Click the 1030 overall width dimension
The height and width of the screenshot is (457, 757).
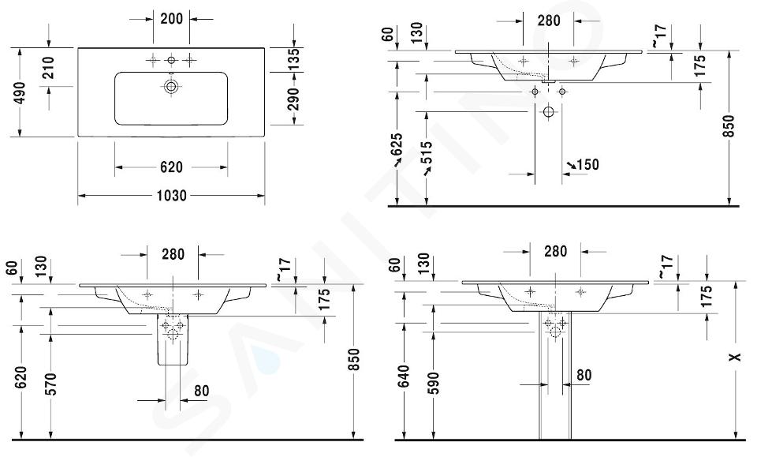tap(172, 196)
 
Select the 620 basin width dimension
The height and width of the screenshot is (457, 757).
tap(171, 167)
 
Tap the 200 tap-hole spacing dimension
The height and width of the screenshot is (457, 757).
tap(171, 19)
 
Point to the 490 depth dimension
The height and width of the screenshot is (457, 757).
tap(20, 92)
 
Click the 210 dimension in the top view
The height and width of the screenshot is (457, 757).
tap(49, 68)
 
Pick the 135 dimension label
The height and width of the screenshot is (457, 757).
tap(293, 59)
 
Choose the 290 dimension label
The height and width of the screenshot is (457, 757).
tap(293, 99)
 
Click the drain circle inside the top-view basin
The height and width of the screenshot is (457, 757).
tap(171, 87)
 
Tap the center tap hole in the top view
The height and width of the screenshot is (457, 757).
tap(171, 61)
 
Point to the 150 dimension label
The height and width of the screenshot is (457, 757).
tap(583, 165)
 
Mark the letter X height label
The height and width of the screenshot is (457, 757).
tap(735, 357)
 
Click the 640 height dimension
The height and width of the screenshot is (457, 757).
tap(404, 376)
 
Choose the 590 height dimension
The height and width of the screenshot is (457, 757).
tap(434, 383)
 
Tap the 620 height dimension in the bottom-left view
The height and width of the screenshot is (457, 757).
tap(21, 377)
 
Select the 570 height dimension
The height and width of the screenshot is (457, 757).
tap(51, 384)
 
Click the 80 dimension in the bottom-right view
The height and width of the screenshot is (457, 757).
tap(584, 375)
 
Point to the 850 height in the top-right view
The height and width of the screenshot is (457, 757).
tap(729, 126)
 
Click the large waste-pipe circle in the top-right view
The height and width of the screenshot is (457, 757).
tap(549, 112)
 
